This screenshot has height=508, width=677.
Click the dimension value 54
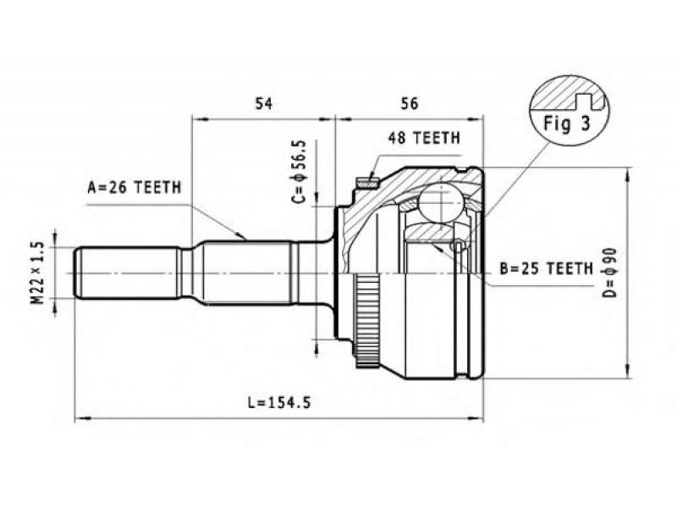(264, 103)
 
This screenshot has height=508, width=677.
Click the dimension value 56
(410, 103)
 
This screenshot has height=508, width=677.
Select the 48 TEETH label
(424, 138)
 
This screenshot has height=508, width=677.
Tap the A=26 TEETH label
(135, 187)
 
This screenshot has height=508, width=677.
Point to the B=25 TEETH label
(547, 268)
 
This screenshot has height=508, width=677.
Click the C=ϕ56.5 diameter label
(300, 172)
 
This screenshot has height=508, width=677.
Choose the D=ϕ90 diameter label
(609, 273)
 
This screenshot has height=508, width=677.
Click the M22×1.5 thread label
(38, 273)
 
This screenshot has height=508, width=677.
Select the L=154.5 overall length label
(279, 403)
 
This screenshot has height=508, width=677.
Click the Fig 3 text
(566, 124)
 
